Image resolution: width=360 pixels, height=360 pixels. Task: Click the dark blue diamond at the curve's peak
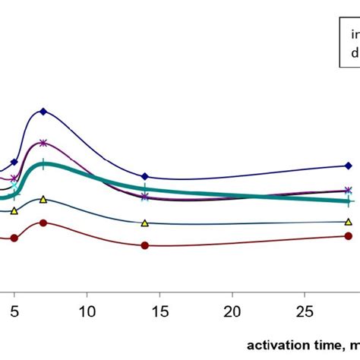click(x=43, y=112)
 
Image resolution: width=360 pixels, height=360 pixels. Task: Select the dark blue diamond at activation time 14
click(x=145, y=177)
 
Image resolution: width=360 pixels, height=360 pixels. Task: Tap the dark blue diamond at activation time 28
click(x=348, y=166)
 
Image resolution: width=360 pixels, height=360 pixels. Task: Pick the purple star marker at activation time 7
click(x=43, y=143)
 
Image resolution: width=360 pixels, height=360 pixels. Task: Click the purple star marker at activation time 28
click(x=348, y=191)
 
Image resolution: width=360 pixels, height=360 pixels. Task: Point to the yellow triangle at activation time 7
click(x=43, y=200)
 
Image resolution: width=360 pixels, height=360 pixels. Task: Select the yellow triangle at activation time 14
click(x=145, y=223)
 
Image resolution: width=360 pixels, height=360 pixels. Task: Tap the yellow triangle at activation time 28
click(x=348, y=222)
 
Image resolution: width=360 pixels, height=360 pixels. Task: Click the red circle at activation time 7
click(x=43, y=223)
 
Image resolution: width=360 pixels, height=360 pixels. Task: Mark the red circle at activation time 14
click(x=145, y=245)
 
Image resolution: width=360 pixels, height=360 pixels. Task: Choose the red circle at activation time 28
click(x=348, y=236)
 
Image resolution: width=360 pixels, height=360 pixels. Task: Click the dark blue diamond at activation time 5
click(x=14, y=162)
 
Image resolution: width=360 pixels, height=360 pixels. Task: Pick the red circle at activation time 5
click(x=14, y=238)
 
